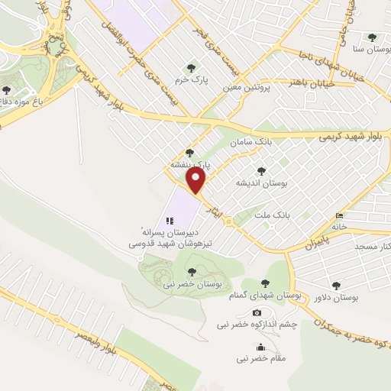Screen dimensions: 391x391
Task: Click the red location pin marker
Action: pyautogui.click(x=197, y=181)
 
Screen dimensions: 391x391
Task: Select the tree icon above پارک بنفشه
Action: pyautogui.click(x=189, y=153)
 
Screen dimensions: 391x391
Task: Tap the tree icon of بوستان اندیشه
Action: pyautogui.click(x=262, y=171)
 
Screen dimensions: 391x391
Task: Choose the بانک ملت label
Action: pyautogui.click(x=273, y=216)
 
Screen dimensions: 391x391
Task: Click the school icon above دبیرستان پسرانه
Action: pyautogui.click(x=170, y=220)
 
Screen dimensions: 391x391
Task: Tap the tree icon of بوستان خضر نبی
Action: pyautogui.click(x=191, y=270)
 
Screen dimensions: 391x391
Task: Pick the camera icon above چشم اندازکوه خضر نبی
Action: pyautogui.click(x=257, y=312)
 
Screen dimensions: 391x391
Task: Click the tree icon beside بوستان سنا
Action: pyautogui.click(x=372, y=37)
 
